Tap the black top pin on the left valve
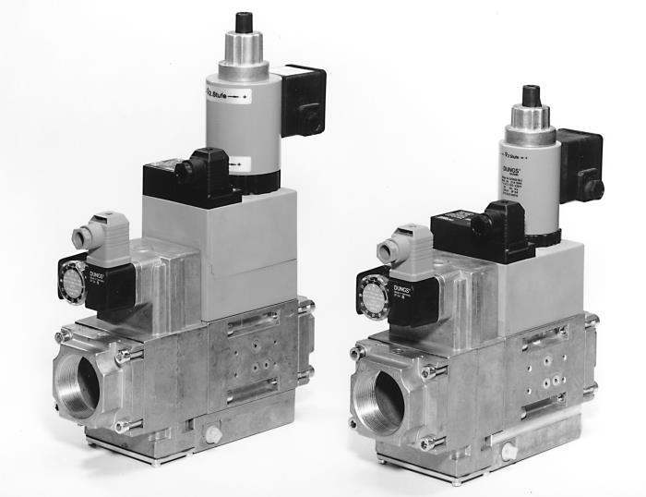[x=244, y=21]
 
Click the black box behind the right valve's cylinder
[x=580, y=164]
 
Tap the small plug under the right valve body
[x=508, y=451]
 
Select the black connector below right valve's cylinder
[x=477, y=231]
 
